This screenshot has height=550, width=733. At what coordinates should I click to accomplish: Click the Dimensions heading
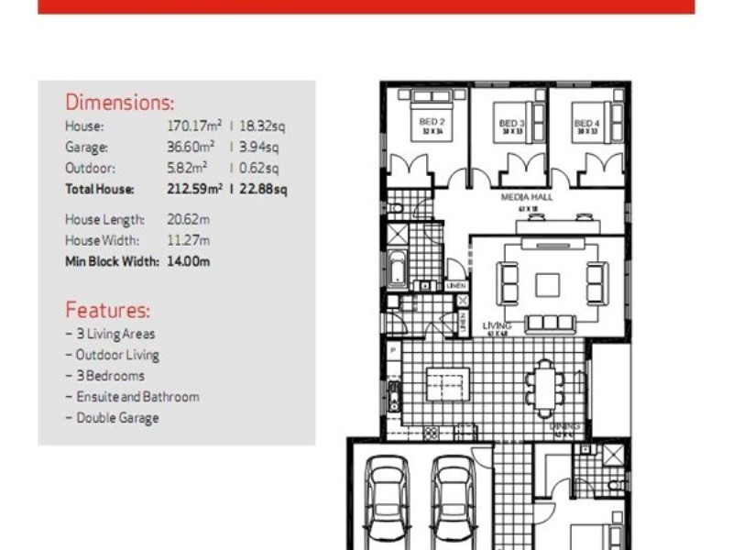119,103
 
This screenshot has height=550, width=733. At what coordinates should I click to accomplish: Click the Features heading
107,311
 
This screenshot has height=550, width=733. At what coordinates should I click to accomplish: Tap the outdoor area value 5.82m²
187,168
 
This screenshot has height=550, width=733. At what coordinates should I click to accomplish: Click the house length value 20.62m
188,220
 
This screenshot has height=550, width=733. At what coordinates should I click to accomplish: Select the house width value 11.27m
188,241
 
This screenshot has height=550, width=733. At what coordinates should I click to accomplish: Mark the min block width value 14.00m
188,261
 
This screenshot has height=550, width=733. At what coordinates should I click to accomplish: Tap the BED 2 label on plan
432,122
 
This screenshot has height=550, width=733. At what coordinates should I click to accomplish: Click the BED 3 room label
510,123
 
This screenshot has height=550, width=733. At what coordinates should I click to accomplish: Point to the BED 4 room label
586,123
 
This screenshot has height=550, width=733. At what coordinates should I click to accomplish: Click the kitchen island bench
447,384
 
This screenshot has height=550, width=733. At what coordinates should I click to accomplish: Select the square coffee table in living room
548,285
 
